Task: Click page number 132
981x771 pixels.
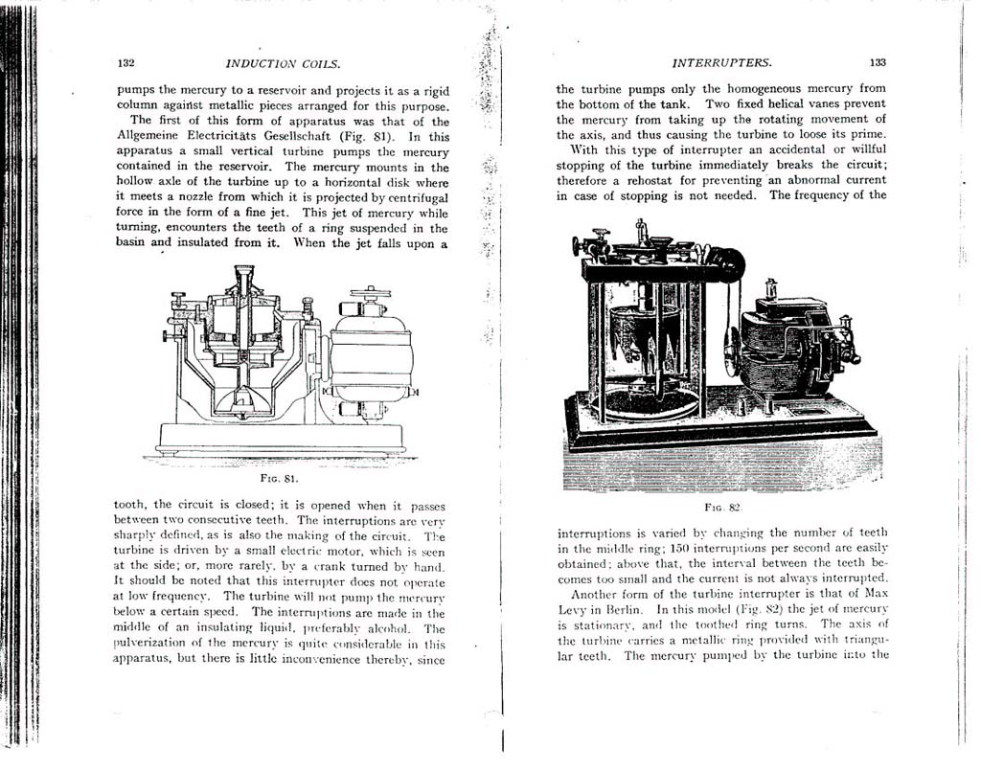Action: [125, 63]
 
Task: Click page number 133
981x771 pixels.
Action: [878, 62]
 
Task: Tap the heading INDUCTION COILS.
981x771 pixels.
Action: [283, 64]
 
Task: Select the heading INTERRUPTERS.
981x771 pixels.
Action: [722, 63]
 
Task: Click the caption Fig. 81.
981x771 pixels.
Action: [281, 476]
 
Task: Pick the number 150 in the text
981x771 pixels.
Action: [672, 548]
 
